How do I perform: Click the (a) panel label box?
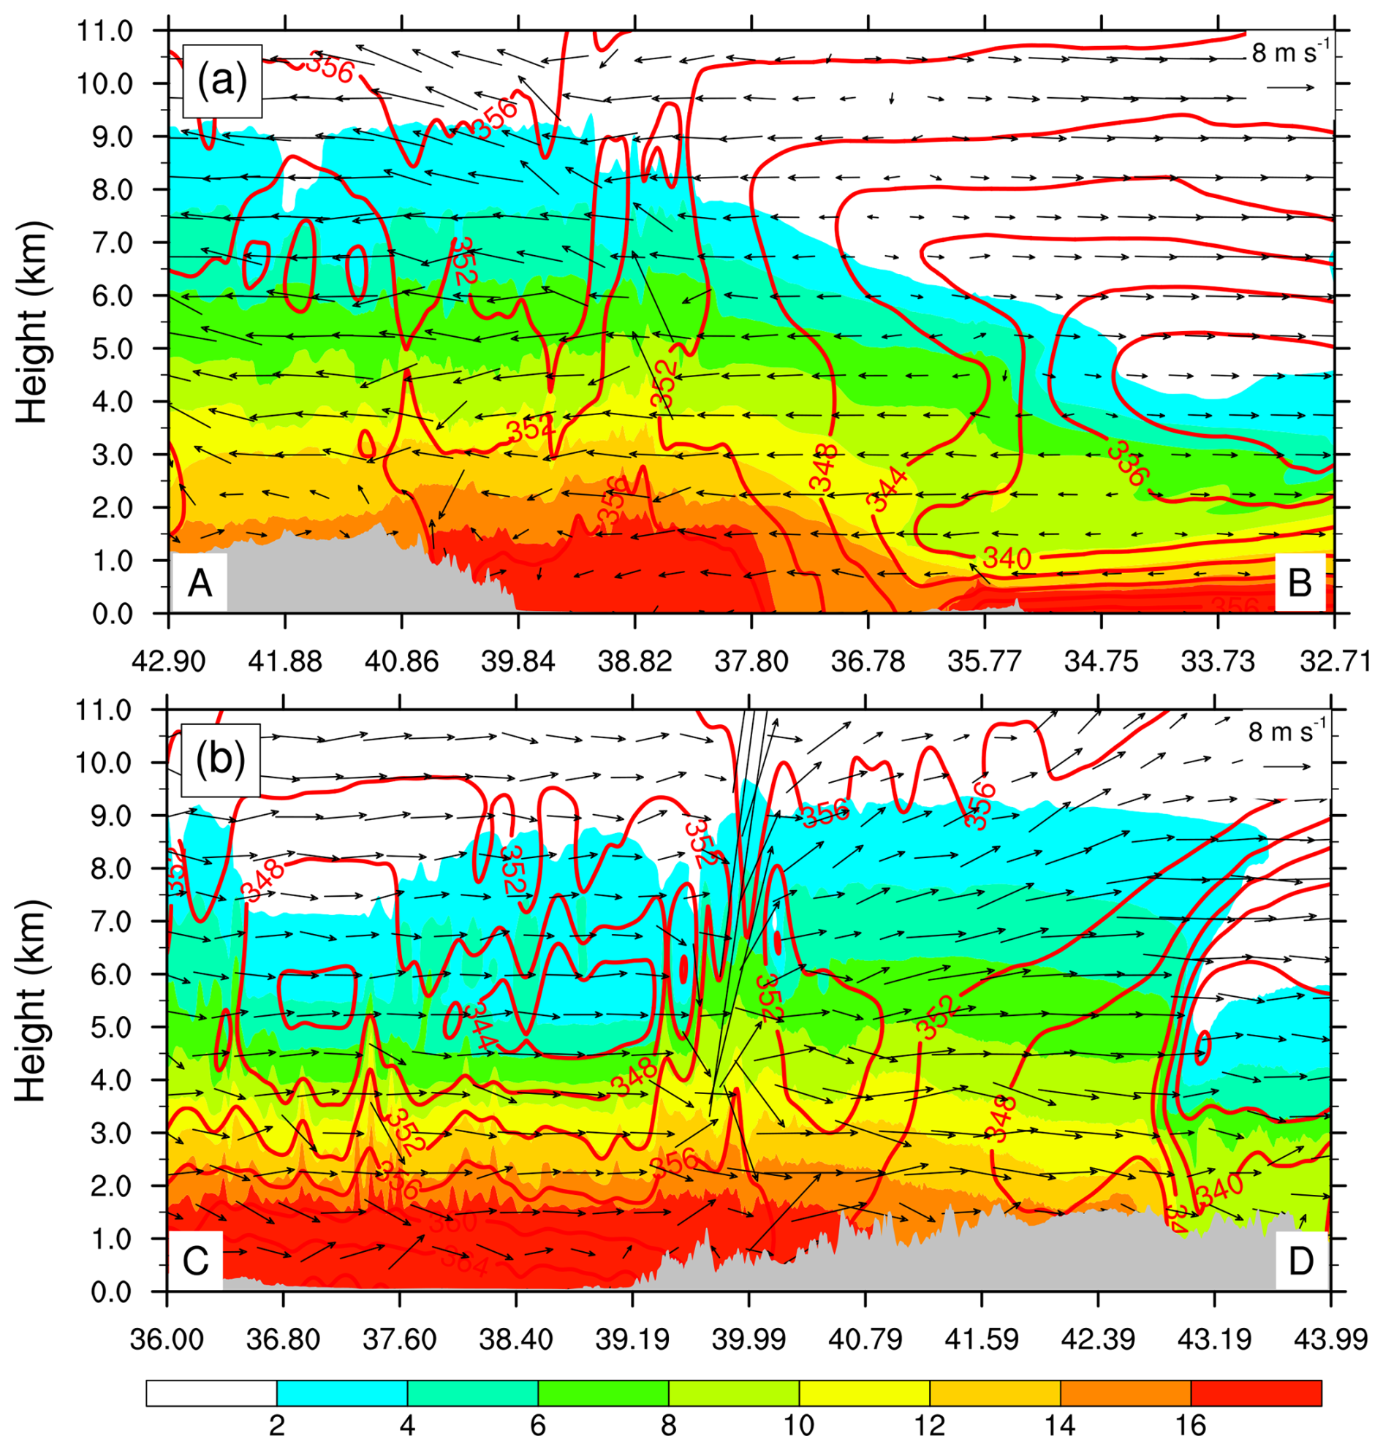tap(222, 80)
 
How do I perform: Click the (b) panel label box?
tap(221, 760)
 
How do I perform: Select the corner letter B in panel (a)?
tap(1300, 584)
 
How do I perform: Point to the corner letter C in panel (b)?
tap(196, 1262)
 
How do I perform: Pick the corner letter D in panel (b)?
tap(1300, 1262)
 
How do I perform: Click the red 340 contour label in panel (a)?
tap(1007, 558)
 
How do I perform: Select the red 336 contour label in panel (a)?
tap(1129, 463)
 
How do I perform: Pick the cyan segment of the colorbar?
tap(342, 1392)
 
